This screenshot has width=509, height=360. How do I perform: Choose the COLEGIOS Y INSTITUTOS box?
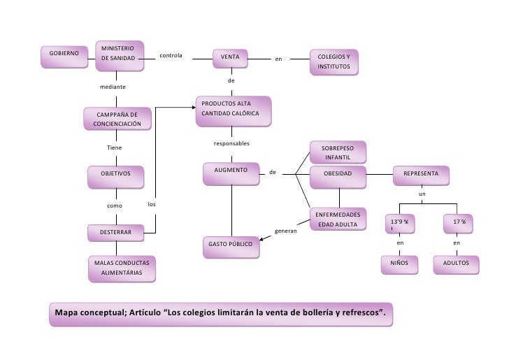coord(335,61)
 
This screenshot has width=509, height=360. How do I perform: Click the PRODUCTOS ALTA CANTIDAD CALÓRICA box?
coord(231,109)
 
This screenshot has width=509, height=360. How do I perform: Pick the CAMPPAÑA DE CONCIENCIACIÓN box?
coord(117,119)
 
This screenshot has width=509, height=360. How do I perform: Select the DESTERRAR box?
coord(115,231)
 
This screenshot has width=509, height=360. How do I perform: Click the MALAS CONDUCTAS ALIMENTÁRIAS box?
coord(121,268)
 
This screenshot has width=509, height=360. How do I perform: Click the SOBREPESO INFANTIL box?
coord(338,152)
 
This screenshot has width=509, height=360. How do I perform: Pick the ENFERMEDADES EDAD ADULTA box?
coord(338,219)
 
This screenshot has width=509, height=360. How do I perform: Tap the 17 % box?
coord(459,223)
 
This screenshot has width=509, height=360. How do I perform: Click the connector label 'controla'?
coord(171,55)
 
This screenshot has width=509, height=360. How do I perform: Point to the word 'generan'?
coord(286,231)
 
